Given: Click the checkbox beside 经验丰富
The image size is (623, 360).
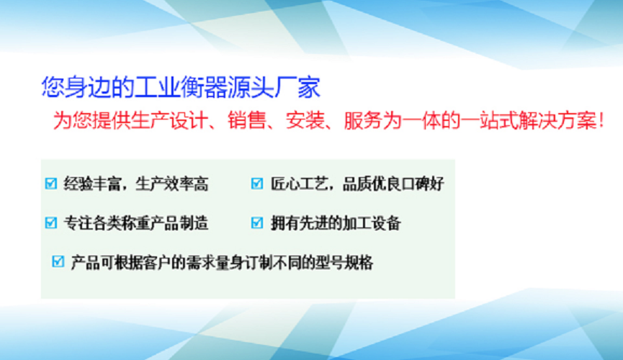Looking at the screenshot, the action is coord(51,184).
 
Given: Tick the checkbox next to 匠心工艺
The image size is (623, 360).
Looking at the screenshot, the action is coord(257,184).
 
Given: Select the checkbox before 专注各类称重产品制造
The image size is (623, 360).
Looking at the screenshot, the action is coord(51,222).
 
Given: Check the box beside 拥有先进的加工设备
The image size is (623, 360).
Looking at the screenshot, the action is coord(257,222).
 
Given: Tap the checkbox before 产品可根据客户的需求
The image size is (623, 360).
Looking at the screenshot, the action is coord(58,261).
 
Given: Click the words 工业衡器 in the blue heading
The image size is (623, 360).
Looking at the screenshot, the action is coord(180,87).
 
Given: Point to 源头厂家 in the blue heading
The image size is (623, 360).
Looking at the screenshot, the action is coord(274,87).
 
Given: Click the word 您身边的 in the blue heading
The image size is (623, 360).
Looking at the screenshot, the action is coord(88,87).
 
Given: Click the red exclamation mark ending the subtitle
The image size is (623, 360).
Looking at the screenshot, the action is coord(601,120).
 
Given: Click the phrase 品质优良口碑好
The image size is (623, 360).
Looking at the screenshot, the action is coord(393,184).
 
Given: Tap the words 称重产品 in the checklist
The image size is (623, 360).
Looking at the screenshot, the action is coord(151,223).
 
